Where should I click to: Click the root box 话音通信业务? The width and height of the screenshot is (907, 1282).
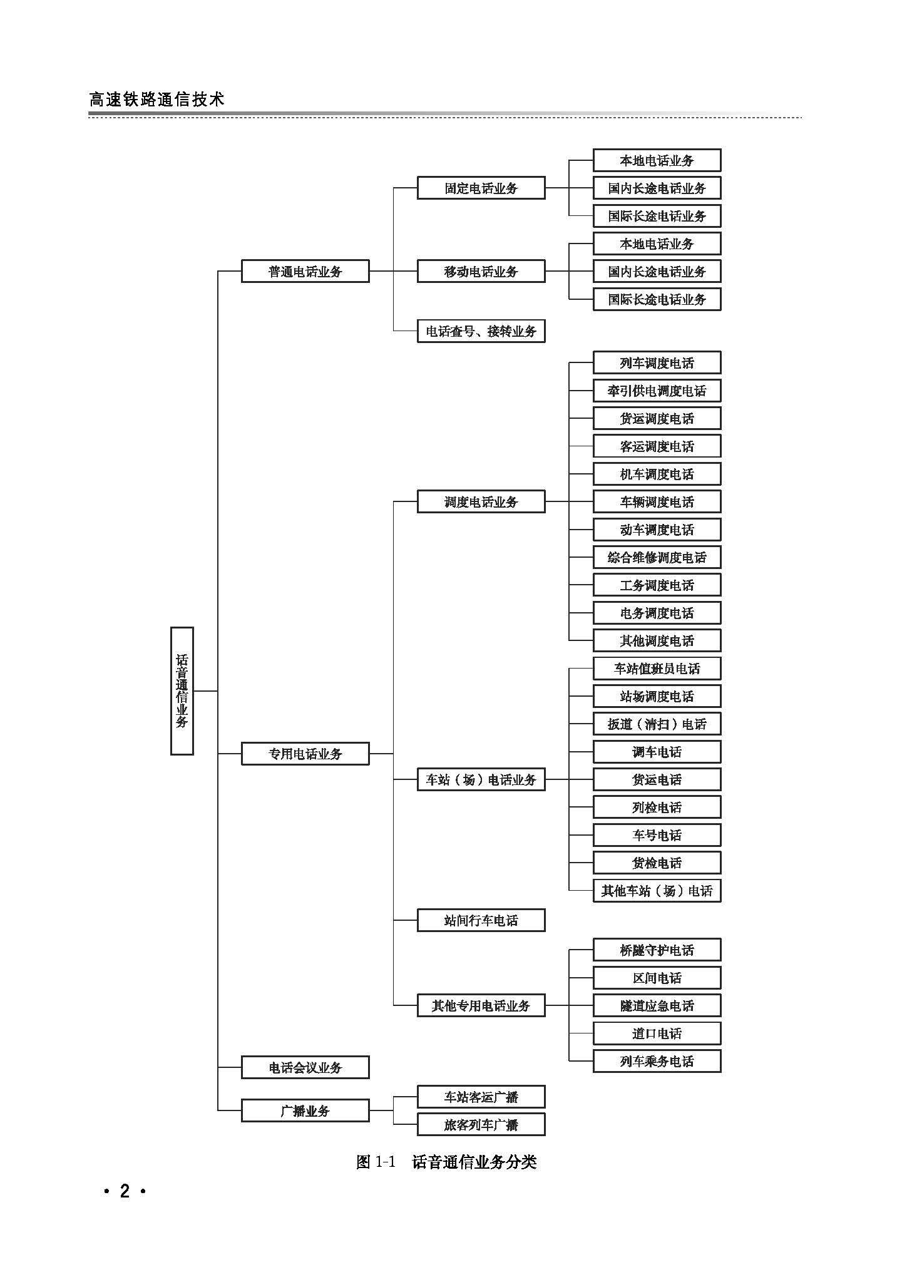182,690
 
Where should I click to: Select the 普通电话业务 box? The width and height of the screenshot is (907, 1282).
305,272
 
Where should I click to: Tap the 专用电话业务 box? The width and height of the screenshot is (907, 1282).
305,754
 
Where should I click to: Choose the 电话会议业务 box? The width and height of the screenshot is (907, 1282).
305,1067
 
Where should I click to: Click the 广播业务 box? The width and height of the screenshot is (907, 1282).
305,1111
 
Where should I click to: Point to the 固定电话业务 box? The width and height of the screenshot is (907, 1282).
481,188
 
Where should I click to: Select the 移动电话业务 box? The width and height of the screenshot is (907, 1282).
481,272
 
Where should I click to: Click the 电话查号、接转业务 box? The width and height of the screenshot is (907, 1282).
481,331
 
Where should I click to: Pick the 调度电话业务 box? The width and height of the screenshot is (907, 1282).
481,501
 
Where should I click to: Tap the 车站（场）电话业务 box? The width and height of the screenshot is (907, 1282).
481,779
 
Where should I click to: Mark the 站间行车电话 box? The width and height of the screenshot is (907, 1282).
481,920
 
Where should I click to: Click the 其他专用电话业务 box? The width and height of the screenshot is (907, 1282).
481,1005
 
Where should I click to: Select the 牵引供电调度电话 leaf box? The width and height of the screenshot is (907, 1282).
657,391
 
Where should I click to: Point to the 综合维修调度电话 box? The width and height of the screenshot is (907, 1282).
657,557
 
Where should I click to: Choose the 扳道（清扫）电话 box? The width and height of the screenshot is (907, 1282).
657,724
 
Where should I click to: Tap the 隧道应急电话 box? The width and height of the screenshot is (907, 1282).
657,1005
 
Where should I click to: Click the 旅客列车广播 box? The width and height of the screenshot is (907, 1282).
481,1125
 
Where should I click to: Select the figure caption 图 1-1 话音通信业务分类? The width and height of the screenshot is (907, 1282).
446,1162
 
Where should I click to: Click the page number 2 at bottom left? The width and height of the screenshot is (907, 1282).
125,1191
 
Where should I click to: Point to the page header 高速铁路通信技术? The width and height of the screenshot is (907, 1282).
156,99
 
